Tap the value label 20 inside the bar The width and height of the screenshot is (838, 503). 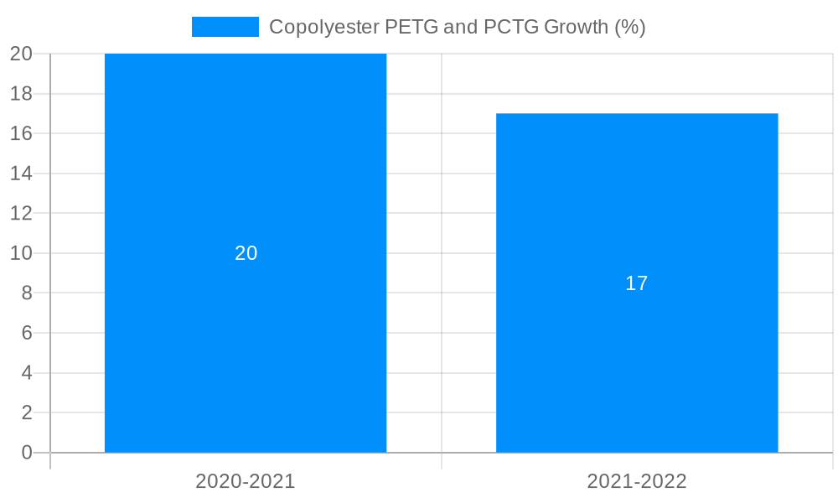click(x=246, y=253)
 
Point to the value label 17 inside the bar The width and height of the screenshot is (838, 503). click(x=637, y=283)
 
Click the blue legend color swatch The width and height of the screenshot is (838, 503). click(x=225, y=27)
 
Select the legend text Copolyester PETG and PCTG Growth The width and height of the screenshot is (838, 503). click(x=457, y=27)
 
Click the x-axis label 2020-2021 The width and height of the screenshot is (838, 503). click(x=246, y=481)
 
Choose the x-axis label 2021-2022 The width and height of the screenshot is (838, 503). click(x=637, y=481)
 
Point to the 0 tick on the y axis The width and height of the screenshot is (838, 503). click(x=26, y=453)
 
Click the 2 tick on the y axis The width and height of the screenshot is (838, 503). click(x=26, y=412)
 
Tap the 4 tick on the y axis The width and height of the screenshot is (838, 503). click(x=26, y=373)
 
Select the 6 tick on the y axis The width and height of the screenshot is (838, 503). click(x=26, y=333)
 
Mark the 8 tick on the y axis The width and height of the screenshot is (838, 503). click(x=26, y=293)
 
